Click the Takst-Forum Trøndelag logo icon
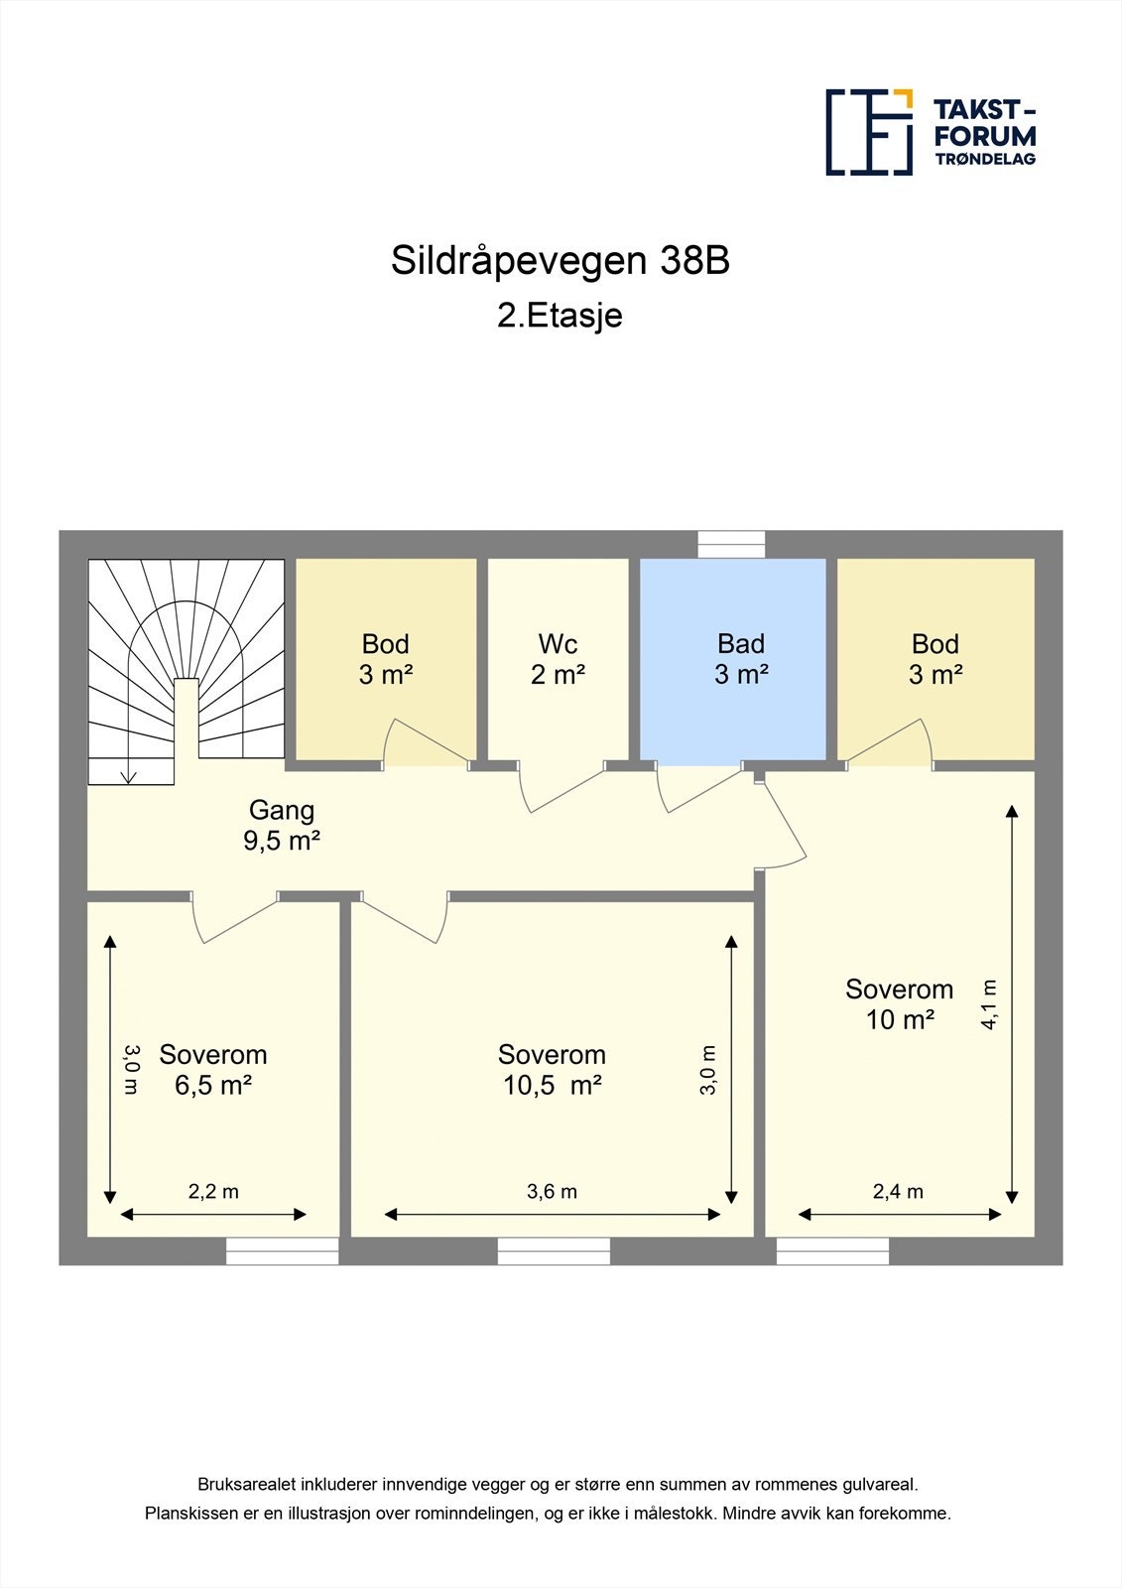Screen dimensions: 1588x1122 point(869,132)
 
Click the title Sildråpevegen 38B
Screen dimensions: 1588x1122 point(561,261)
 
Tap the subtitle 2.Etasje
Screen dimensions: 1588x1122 point(561,316)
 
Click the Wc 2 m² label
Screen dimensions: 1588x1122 point(558,659)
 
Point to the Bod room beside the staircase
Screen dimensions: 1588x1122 point(386,659)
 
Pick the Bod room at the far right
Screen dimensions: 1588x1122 point(935,659)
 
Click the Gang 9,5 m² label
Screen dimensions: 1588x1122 point(282,825)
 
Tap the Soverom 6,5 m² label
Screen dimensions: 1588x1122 point(213,1069)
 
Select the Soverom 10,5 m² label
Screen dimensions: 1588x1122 point(552,1069)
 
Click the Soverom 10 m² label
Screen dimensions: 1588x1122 point(899,1003)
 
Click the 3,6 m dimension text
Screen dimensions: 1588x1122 point(552,1191)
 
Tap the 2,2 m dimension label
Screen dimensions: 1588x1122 point(213,1191)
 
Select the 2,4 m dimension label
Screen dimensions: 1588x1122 point(898,1191)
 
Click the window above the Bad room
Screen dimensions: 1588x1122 point(731,545)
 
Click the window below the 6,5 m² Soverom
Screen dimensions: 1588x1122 point(282,1251)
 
